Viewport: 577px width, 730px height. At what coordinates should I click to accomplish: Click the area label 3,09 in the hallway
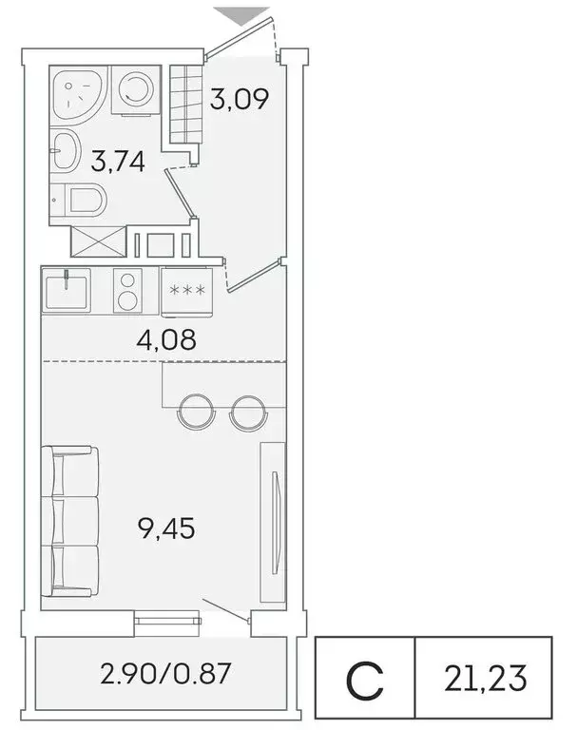(234, 98)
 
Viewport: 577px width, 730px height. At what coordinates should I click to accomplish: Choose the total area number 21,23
(484, 679)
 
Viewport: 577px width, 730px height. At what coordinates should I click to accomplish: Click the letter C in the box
(364, 679)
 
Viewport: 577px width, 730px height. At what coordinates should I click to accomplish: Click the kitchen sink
(66, 290)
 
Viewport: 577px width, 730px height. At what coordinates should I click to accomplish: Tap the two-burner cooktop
(125, 289)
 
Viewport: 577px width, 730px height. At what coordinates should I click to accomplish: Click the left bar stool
(195, 411)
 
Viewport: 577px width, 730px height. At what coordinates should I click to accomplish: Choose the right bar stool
(246, 411)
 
